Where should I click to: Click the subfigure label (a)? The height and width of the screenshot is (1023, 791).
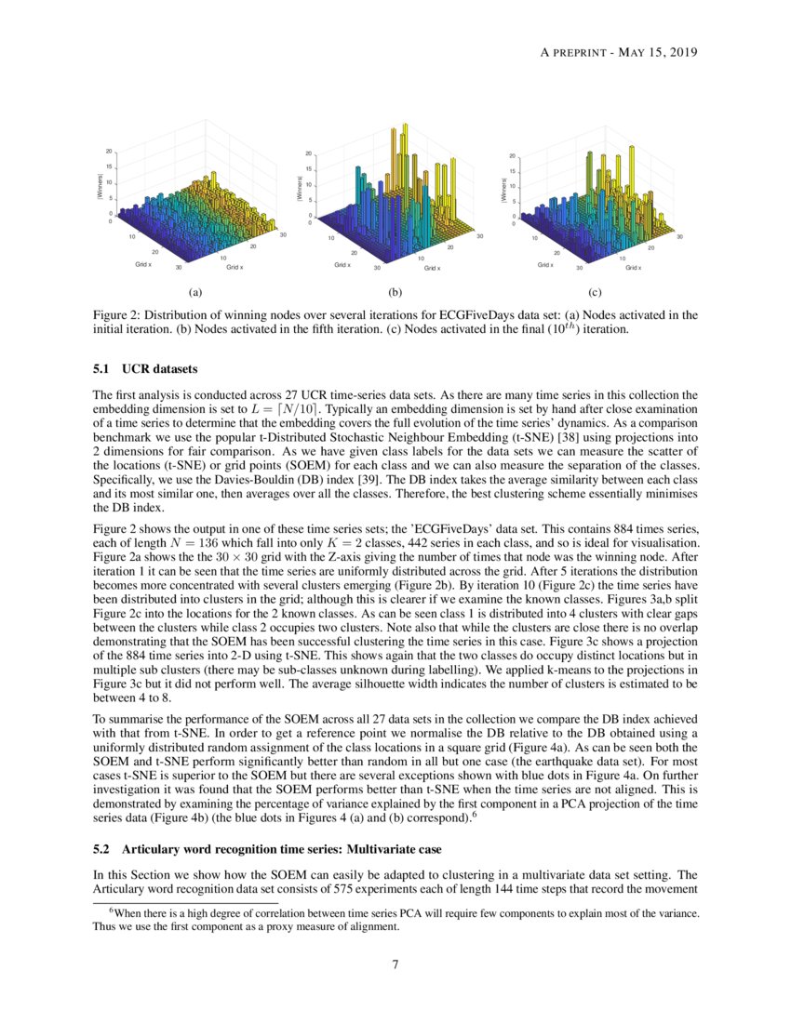194,291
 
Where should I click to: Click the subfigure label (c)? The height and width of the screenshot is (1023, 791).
597,291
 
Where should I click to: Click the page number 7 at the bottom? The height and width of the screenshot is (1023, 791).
395,964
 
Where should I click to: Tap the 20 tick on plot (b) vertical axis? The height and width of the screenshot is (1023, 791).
310,153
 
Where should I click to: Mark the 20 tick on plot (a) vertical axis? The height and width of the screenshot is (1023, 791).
109,151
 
